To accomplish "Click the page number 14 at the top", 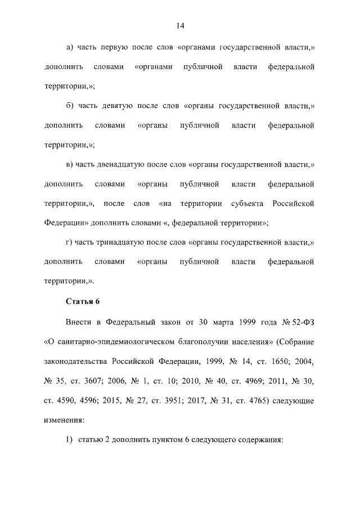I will click(180, 26).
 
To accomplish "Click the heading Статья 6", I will click(83, 300).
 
